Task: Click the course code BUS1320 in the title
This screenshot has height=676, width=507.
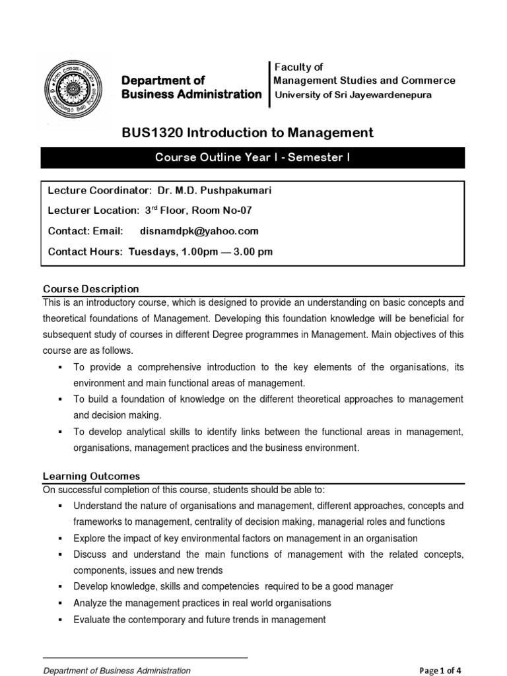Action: click(152, 133)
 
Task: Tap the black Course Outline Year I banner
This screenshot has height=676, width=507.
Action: click(253, 158)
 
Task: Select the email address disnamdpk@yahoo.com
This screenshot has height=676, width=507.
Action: click(199, 231)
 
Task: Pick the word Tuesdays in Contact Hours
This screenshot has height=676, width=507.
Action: click(151, 252)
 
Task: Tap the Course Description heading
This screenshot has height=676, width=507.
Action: click(91, 289)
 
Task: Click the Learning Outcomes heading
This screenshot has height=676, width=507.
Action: click(91, 476)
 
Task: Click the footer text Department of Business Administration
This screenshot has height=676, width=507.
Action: click(117, 671)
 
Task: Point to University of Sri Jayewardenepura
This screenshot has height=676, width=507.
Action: click(353, 94)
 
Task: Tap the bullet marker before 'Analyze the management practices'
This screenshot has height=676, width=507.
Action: click(60, 603)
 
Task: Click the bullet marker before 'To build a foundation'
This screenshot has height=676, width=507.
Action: click(60, 400)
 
